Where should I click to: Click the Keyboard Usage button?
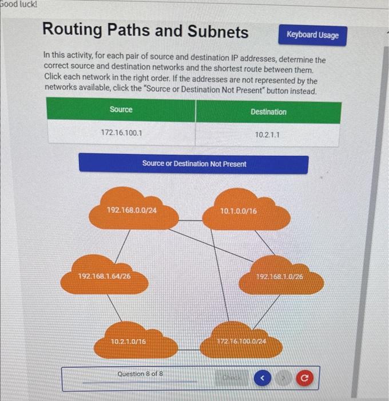(312, 35)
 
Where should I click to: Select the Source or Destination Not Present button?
(193, 164)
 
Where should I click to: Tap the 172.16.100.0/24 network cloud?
(241, 341)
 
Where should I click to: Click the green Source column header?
(121, 110)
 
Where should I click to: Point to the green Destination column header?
(268, 112)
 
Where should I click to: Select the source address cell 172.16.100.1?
(121, 133)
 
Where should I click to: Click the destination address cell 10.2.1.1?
(268, 134)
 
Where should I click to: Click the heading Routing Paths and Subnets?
(146, 31)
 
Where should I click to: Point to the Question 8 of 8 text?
(140, 374)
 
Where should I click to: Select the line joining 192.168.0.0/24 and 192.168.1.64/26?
(121, 243)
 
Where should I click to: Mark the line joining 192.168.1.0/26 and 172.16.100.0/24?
(266, 310)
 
